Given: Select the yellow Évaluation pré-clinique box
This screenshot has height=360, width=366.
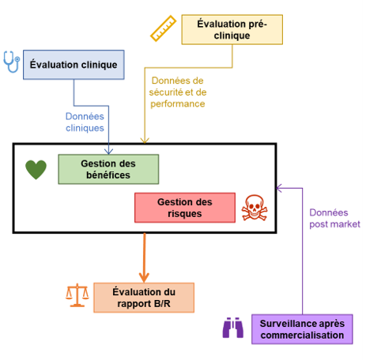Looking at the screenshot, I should pyautogui.click(x=232, y=29).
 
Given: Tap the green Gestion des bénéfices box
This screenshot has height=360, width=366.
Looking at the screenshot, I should pyautogui.click(x=108, y=169).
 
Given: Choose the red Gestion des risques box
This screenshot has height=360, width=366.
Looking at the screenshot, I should pyautogui.click(x=184, y=208).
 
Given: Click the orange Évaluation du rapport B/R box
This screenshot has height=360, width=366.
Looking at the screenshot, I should pyautogui.click(x=143, y=296).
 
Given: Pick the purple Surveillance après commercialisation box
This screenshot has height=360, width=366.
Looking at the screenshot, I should pyautogui.click(x=302, y=328).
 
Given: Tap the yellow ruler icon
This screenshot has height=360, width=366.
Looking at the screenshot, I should pyautogui.click(x=163, y=28).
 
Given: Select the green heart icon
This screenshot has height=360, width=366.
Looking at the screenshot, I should pyautogui.click(x=36, y=169).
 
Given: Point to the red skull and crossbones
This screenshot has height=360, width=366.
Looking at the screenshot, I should pyautogui.click(x=255, y=208).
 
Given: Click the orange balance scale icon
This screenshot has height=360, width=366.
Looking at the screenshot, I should pyautogui.click(x=77, y=295).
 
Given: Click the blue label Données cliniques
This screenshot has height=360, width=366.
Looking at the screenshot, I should pyautogui.click(x=85, y=122).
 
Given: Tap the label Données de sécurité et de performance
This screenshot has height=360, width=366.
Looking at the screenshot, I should pyautogui.click(x=176, y=92).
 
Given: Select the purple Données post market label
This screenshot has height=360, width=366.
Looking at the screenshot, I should pyautogui.click(x=334, y=219).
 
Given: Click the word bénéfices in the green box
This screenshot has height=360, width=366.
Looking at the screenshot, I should pyautogui.click(x=108, y=174).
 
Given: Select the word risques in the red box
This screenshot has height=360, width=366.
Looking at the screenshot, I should pyautogui.click(x=184, y=213).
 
